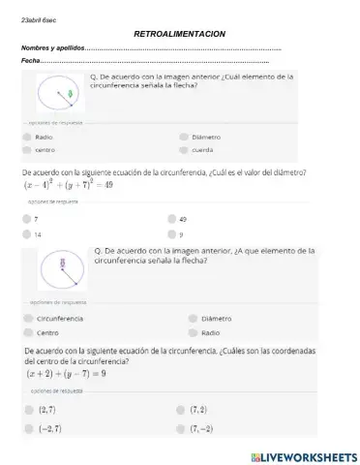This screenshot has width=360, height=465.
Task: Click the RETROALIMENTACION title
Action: coord(180,34)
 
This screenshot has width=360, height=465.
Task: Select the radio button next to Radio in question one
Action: coord(28,137)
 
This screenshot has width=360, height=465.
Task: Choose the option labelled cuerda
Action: coord(184,149)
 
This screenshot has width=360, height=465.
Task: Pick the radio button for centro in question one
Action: coord(28,149)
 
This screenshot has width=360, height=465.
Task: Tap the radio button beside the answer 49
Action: coord(171,220)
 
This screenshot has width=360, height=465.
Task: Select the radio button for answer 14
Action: coord(28,233)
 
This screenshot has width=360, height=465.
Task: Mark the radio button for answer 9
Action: coord(171,233)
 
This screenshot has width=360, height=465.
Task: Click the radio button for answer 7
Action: coord(28,220)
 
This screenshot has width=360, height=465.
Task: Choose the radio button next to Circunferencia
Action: coord(28,318)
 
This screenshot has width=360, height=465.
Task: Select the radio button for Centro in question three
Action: coord(28,331)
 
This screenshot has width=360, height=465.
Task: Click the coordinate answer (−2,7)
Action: coord(48,427)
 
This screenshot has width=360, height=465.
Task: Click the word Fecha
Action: coord(30,62)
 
